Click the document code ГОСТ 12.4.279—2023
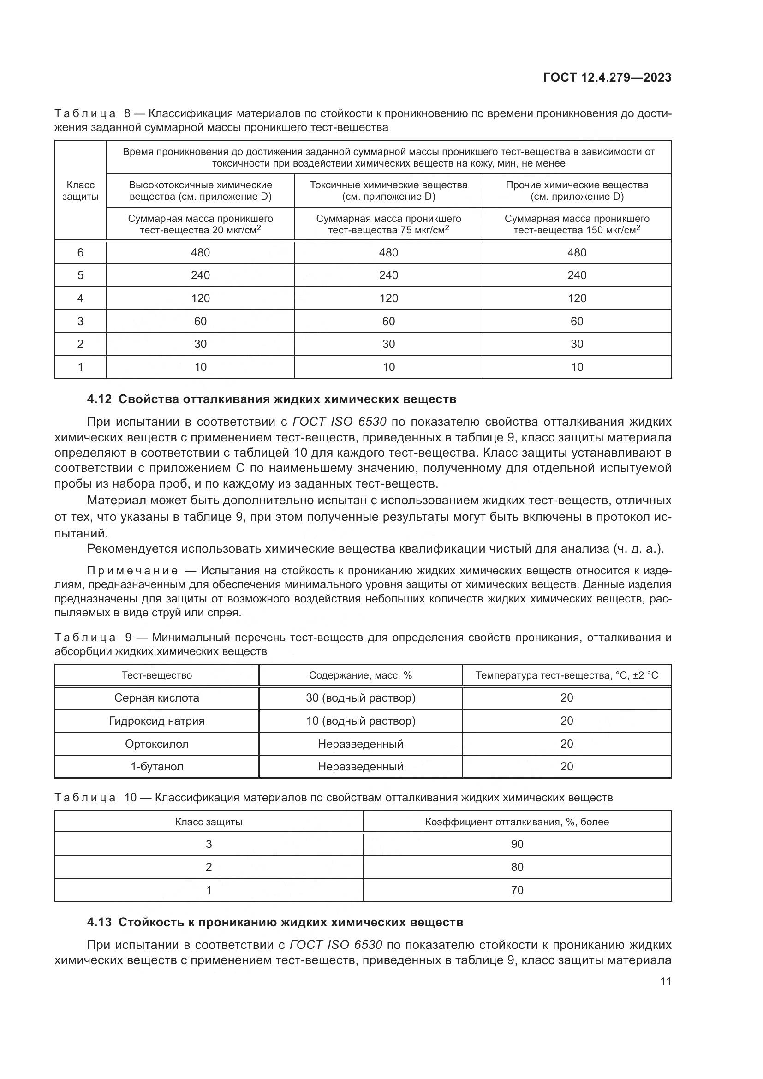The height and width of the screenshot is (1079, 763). tap(607, 77)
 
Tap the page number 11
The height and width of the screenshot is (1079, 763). tap(665, 982)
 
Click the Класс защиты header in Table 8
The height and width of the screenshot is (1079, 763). tap(80, 191)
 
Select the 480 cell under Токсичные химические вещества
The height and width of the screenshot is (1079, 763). tap(388, 253)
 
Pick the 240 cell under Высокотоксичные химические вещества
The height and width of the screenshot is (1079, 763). tap(200, 275)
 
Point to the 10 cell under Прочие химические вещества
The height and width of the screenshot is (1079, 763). tap(577, 367)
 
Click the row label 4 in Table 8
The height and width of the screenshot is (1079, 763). tap(80, 298)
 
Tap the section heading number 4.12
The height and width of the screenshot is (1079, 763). tap(99, 399)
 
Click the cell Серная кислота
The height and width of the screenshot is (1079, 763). tap(156, 698)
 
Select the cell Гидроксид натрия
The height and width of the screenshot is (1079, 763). tap(156, 721)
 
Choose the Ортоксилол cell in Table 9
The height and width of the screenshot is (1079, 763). tap(156, 744)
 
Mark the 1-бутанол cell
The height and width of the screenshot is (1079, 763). tap(156, 767)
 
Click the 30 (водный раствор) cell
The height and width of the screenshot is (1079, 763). tap(360, 698)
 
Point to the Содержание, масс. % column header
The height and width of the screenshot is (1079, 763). tap(360, 675)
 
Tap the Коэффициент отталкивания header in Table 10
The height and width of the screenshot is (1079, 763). tap(517, 822)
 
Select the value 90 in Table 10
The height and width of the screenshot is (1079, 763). tap(517, 844)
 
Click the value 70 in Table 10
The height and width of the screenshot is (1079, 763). tap(517, 890)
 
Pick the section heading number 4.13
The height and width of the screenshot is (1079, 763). tap(99, 923)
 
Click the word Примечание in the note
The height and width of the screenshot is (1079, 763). tap(132, 571)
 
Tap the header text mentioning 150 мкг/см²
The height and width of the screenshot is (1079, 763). tap(577, 225)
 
